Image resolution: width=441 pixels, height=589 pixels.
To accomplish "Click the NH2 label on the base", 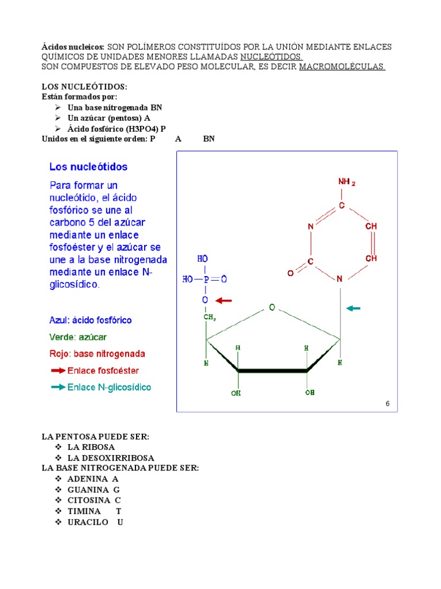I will (346, 182).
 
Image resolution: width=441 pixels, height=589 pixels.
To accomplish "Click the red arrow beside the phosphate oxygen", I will (224, 300).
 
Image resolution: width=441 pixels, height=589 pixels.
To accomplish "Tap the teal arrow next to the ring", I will (353, 308).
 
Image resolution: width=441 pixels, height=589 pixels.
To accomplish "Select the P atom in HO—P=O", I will (204, 280).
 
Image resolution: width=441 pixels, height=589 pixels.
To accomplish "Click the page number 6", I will (388, 404).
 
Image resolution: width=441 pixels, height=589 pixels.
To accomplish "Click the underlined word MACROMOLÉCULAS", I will (342, 67).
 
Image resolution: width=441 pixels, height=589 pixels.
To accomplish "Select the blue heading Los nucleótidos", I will (88, 167).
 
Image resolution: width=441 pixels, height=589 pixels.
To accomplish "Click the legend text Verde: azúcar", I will (78, 337).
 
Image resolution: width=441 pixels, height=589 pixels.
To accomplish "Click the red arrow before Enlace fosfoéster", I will (58, 371).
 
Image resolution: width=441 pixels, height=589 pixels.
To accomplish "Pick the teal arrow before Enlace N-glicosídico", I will (58, 388).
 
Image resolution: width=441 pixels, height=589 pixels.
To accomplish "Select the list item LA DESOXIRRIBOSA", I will (110, 458).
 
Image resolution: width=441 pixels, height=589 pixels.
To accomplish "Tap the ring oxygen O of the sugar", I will (272, 308).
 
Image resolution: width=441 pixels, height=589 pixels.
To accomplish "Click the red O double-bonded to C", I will (290, 274).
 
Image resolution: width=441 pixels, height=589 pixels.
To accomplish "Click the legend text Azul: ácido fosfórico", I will (91, 320).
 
